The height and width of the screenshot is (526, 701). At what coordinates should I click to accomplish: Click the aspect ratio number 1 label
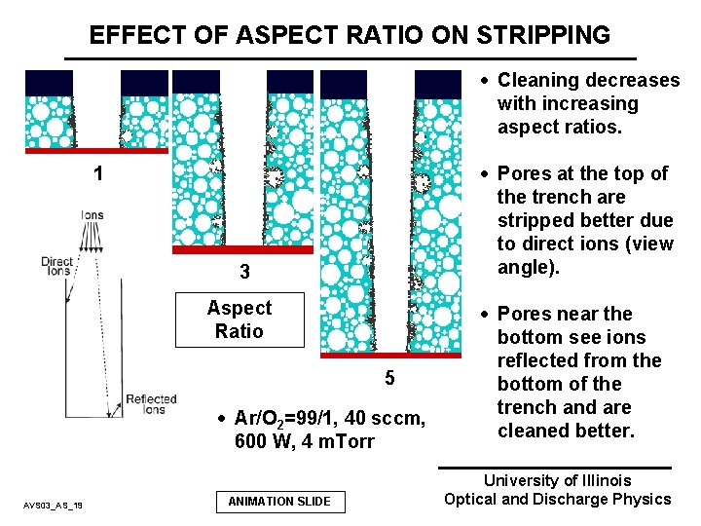click(x=97, y=174)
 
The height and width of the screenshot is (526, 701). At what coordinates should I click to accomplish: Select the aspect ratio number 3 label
click(x=244, y=273)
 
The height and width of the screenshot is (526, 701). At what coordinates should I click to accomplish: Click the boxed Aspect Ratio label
click(x=240, y=319)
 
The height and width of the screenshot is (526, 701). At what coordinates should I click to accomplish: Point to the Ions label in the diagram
click(x=92, y=215)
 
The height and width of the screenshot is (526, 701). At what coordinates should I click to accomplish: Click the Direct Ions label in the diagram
click(x=57, y=266)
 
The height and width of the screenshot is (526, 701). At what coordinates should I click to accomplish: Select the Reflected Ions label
click(x=151, y=404)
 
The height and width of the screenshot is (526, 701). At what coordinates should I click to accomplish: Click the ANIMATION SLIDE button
click(x=279, y=502)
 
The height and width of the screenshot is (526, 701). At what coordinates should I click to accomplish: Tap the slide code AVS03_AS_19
click(x=54, y=504)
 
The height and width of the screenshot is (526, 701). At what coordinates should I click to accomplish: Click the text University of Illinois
click(x=557, y=480)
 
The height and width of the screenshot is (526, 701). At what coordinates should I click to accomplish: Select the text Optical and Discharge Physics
click(x=557, y=500)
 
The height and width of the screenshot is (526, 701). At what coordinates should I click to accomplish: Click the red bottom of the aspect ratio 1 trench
click(x=96, y=151)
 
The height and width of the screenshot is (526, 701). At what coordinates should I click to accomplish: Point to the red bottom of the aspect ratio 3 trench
click(x=243, y=248)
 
